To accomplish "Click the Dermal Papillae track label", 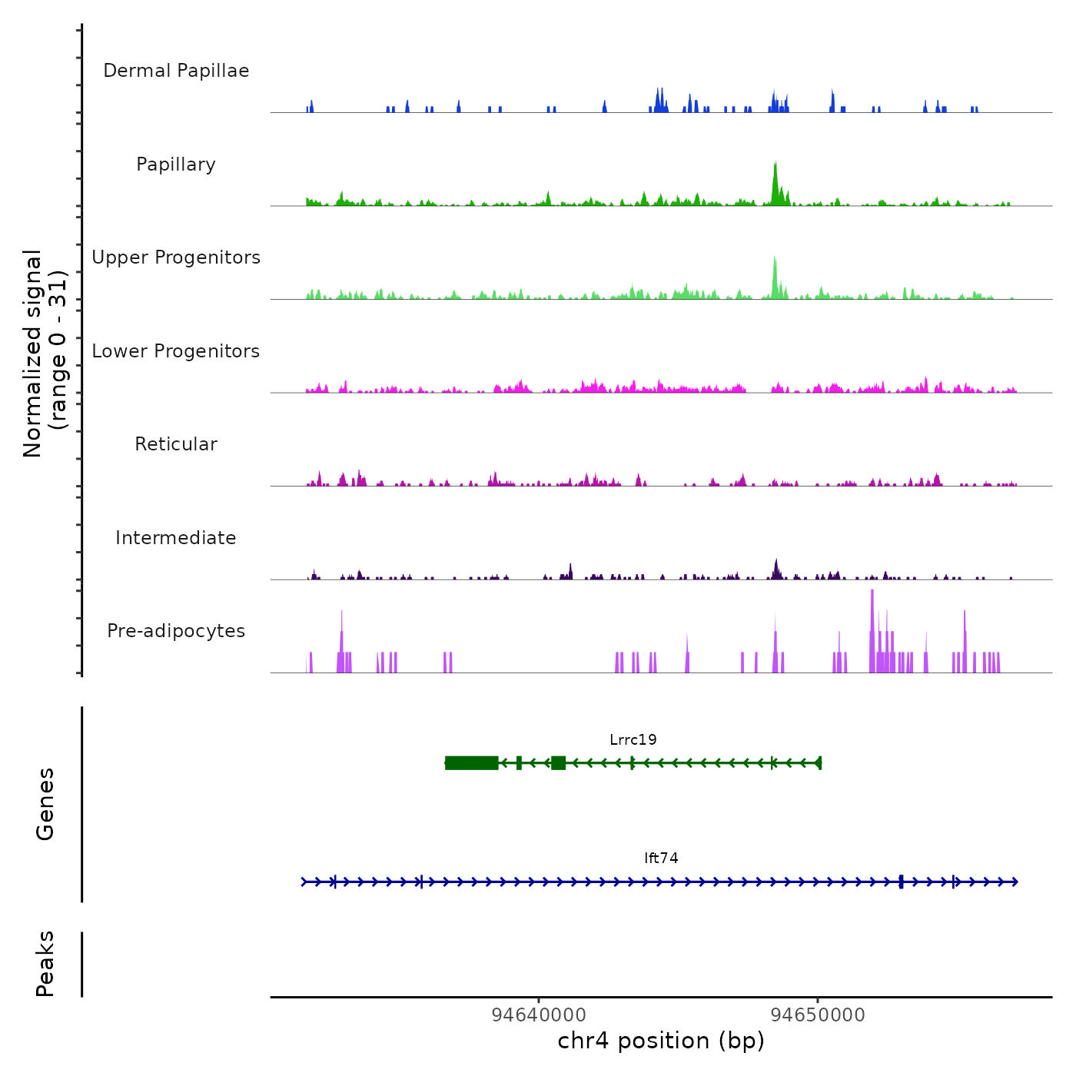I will click(176, 71).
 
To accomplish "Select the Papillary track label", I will click(176, 164).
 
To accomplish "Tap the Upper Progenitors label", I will click(176, 257).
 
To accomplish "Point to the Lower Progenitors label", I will click(176, 351).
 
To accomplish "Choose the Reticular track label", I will click(176, 444).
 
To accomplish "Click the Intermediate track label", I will click(176, 538).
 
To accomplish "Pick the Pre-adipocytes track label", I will click(176, 631).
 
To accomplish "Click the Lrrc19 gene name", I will click(633, 740).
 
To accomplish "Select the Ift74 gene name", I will click(661, 858).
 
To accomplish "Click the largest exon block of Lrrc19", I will click(472, 762).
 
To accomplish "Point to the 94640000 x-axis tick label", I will click(539, 1015).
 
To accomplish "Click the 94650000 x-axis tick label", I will click(818, 1015).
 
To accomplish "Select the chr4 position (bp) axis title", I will click(661, 1041).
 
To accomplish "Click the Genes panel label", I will click(45, 804).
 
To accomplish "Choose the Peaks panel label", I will click(45, 964).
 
